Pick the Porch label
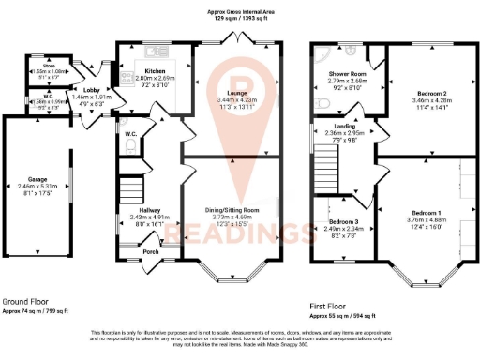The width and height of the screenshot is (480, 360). tap(150, 251)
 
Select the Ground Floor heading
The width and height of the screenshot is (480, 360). tap(25, 302)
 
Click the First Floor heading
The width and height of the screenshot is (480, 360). tap(327, 306)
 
